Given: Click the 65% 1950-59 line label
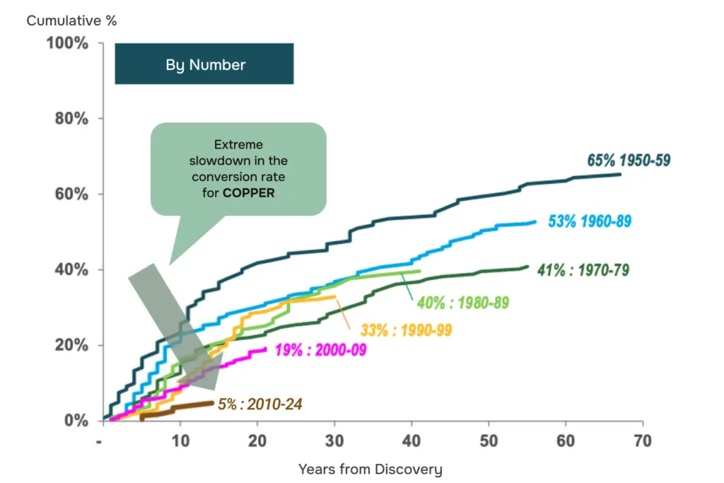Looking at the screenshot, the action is [x=629, y=161].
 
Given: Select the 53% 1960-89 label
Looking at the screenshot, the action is [x=590, y=221].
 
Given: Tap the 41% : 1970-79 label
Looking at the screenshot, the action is [x=583, y=269].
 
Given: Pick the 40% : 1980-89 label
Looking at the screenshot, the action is [x=462, y=303].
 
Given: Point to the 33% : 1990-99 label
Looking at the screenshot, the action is [x=406, y=330].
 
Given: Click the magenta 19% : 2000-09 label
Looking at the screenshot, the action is [x=320, y=350].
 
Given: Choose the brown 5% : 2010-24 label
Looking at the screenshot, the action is [x=260, y=404].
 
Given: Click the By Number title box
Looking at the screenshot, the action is [x=204, y=64].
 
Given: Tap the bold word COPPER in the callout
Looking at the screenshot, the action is [x=248, y=193].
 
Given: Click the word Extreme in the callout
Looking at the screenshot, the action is [x=238, y=144].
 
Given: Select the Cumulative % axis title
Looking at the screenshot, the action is [x=71, y=21].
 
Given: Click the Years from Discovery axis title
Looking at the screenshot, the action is [x=370, y=469].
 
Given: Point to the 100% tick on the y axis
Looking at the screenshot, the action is [x=67, y=43].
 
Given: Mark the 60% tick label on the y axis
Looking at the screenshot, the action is [x=71, y=194].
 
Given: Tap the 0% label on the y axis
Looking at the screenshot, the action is [x=76, y=420].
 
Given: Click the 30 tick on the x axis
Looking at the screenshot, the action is [x=334, y=441].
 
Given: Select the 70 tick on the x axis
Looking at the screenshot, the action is [x=643, y=441].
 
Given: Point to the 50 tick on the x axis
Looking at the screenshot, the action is [x=489, y=441].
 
